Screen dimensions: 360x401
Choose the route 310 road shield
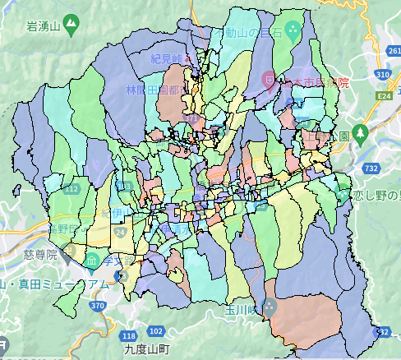point(381,75)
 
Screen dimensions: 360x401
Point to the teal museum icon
point(92,261)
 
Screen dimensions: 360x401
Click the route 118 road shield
point(128,335)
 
